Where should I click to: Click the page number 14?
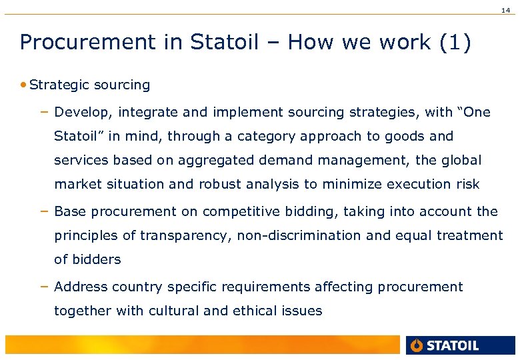coord(509,7)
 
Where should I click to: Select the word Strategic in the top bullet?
coord(60,85)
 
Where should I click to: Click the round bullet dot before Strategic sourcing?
coord(24,85)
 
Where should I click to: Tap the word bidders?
coord(96,260)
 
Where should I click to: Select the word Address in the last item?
coord(81,287)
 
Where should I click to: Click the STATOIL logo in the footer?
coord(445,345)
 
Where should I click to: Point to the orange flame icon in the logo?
coord(417,345)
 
